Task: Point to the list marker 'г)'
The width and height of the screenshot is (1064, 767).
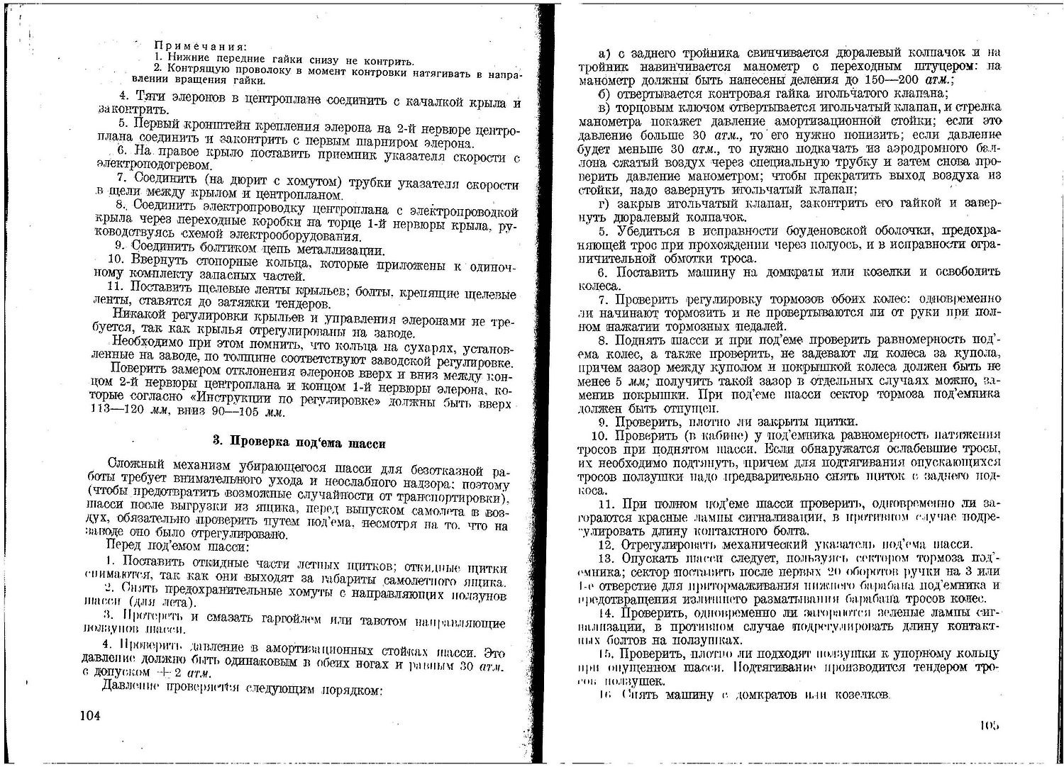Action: click(604, 203)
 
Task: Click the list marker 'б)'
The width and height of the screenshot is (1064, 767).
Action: click(604, 94)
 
